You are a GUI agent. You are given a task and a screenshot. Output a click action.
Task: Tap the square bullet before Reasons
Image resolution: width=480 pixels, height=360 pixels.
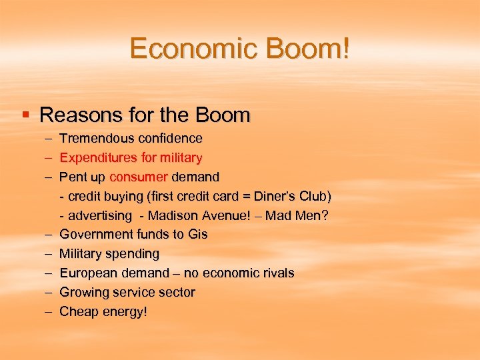pyautogui.click(x=26, y=115)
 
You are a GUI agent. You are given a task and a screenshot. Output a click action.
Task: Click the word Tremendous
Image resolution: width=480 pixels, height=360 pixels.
pyautogui.click(x=97, y=139)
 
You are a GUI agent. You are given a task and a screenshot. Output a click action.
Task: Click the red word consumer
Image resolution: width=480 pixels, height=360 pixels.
pyautogui.click(x=139, y=177)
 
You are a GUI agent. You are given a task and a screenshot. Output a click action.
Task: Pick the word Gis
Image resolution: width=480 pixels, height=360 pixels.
pyautogui.click(x=198, y=235)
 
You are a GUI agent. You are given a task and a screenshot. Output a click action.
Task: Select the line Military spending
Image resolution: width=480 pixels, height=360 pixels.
pyautogui.click(x=109, y=254)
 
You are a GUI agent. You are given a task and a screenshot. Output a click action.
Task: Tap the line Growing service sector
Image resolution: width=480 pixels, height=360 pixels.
pyautogui.click(x=127, y=293)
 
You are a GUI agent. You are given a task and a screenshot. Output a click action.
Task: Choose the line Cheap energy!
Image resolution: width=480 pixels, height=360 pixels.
pyautogui.click(x=103, y=312)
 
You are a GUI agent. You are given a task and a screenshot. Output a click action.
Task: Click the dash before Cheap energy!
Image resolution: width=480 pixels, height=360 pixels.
pyautogui.click(x=49, y=311)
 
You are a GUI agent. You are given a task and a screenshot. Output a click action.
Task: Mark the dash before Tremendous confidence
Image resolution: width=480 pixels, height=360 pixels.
pyautogui.click(x=49, y=139)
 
